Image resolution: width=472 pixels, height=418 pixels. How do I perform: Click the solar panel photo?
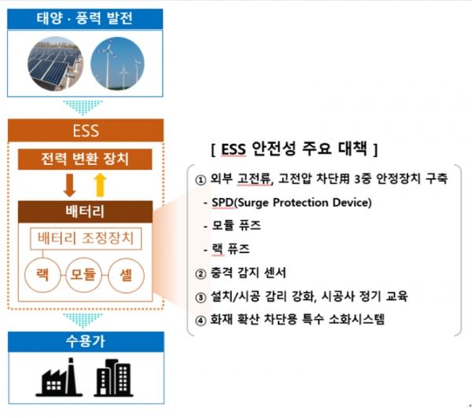[x=54, y=64]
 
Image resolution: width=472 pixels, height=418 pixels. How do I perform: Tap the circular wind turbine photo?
[x=118, y=63]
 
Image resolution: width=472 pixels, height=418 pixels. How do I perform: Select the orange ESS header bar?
[x=86, y=130]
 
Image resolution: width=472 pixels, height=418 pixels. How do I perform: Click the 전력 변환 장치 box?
[x=86, y=160]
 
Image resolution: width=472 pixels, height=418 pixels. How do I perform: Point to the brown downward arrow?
[x=70, y=185]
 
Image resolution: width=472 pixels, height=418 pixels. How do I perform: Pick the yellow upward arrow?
[x=100, y=185]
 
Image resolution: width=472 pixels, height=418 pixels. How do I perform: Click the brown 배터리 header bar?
[x=85, y=211]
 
